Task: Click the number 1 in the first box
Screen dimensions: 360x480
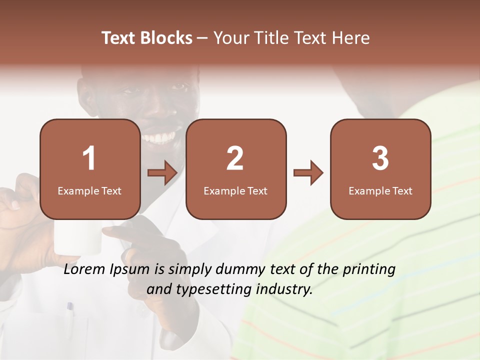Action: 89,158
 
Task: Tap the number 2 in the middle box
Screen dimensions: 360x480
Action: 235,158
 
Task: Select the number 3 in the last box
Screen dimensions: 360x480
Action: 380,158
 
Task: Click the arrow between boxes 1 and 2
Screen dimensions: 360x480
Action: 162,173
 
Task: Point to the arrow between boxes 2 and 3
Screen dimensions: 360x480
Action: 308,173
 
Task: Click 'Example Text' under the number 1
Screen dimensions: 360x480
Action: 89,191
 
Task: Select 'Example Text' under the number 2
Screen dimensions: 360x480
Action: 235,191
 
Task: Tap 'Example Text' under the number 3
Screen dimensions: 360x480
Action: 380,191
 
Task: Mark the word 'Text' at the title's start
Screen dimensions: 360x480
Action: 118,38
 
